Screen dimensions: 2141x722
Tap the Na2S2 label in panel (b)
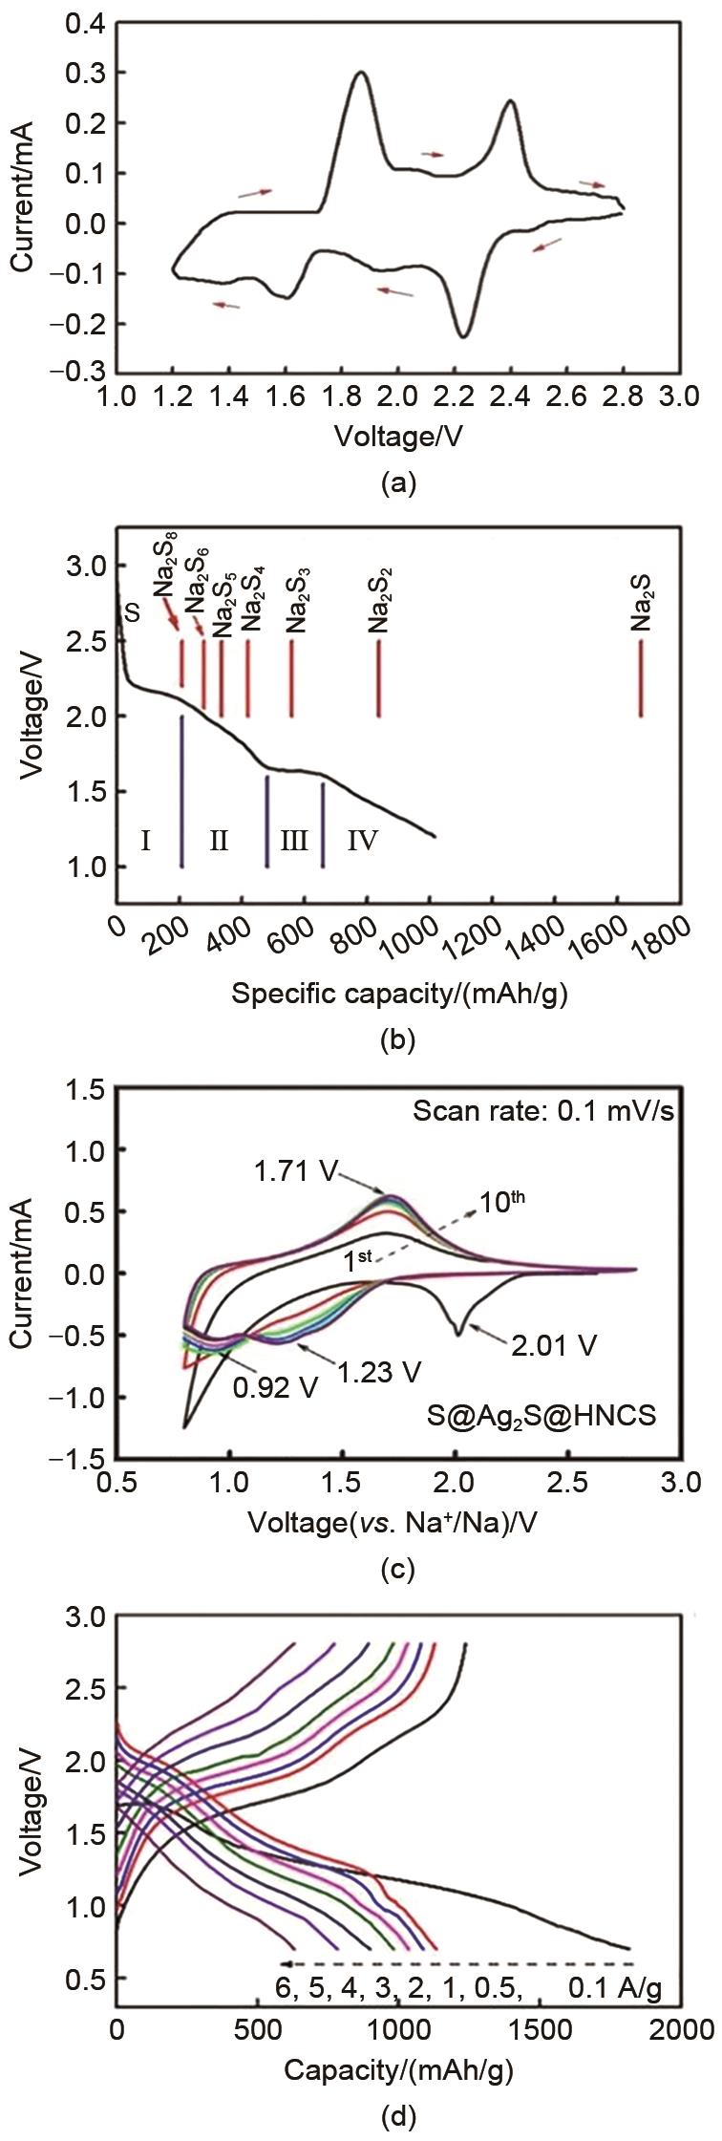pyautogui.click(x=378, y=607)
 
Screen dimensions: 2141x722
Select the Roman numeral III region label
pyautogui.click(x=293, y=841)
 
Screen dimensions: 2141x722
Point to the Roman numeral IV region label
pyautogui.click(x=362, y=841)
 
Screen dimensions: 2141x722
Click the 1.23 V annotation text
pyautogui.click(x=378, y=1371)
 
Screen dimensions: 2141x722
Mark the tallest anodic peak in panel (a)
pyautogui.click(x=360, y=73)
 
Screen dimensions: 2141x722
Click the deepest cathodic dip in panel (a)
pyautogui.click(x=462, y=335)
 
